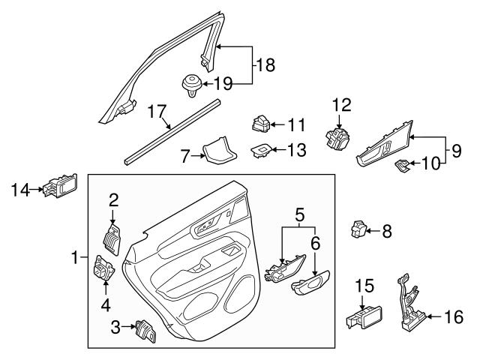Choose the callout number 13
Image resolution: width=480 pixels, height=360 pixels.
297,150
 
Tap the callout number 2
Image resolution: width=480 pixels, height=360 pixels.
114,199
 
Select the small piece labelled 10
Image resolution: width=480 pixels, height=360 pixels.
403,165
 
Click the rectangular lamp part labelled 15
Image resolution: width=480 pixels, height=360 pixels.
363,321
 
